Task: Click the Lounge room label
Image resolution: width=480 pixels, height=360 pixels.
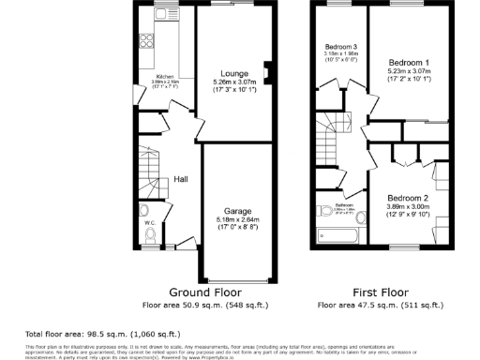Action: pos(234,72)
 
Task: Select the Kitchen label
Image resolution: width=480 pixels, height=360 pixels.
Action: pos(165,76)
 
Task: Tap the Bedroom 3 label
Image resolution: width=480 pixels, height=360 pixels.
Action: pos(341,47)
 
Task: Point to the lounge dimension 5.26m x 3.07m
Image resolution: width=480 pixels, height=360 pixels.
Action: pos(234,82)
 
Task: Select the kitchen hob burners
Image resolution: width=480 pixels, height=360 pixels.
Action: pos(147,40)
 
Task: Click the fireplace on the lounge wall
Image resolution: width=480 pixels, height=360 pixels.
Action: pos(268,72)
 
